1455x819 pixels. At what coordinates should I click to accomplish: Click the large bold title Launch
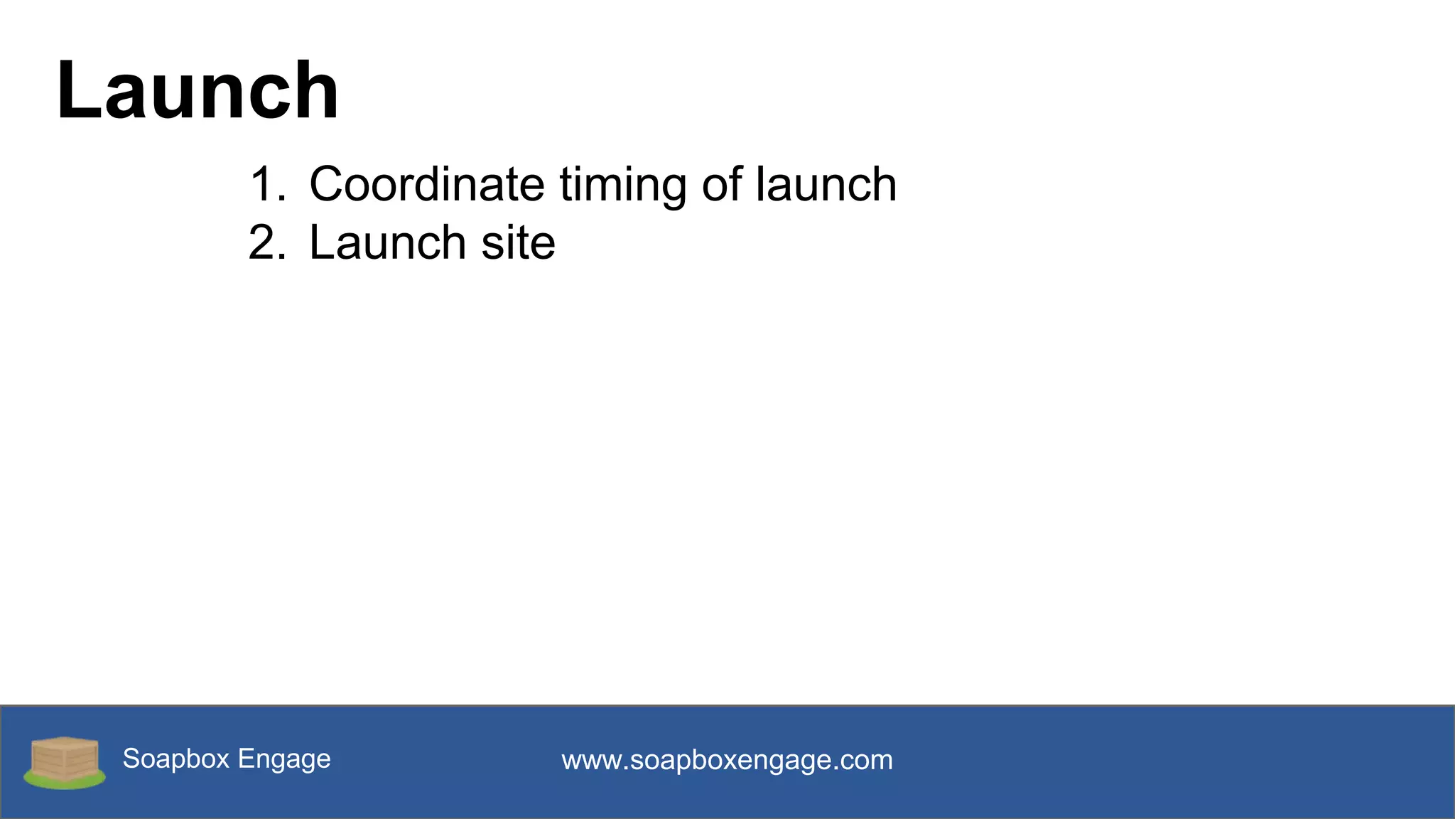(x=198, y=91)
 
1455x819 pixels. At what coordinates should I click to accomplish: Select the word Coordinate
(x=426, y=185)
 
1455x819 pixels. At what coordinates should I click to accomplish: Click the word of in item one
(x=722, y=185)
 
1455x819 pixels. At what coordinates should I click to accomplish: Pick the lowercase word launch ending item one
(x=826, y=185)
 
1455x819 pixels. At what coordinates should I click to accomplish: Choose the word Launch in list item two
(x=387, y=243)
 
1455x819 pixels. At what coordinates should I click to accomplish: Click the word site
(x=518, y=243)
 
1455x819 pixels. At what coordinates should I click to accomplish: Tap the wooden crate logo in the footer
(x=65, y=759)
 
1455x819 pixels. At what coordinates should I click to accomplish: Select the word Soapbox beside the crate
(x=176, y=759)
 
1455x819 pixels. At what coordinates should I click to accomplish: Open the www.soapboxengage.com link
(x=727, y=761)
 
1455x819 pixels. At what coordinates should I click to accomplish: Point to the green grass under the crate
(x=65, y=782)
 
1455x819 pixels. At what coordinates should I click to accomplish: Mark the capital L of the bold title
(x=75, y=91)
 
